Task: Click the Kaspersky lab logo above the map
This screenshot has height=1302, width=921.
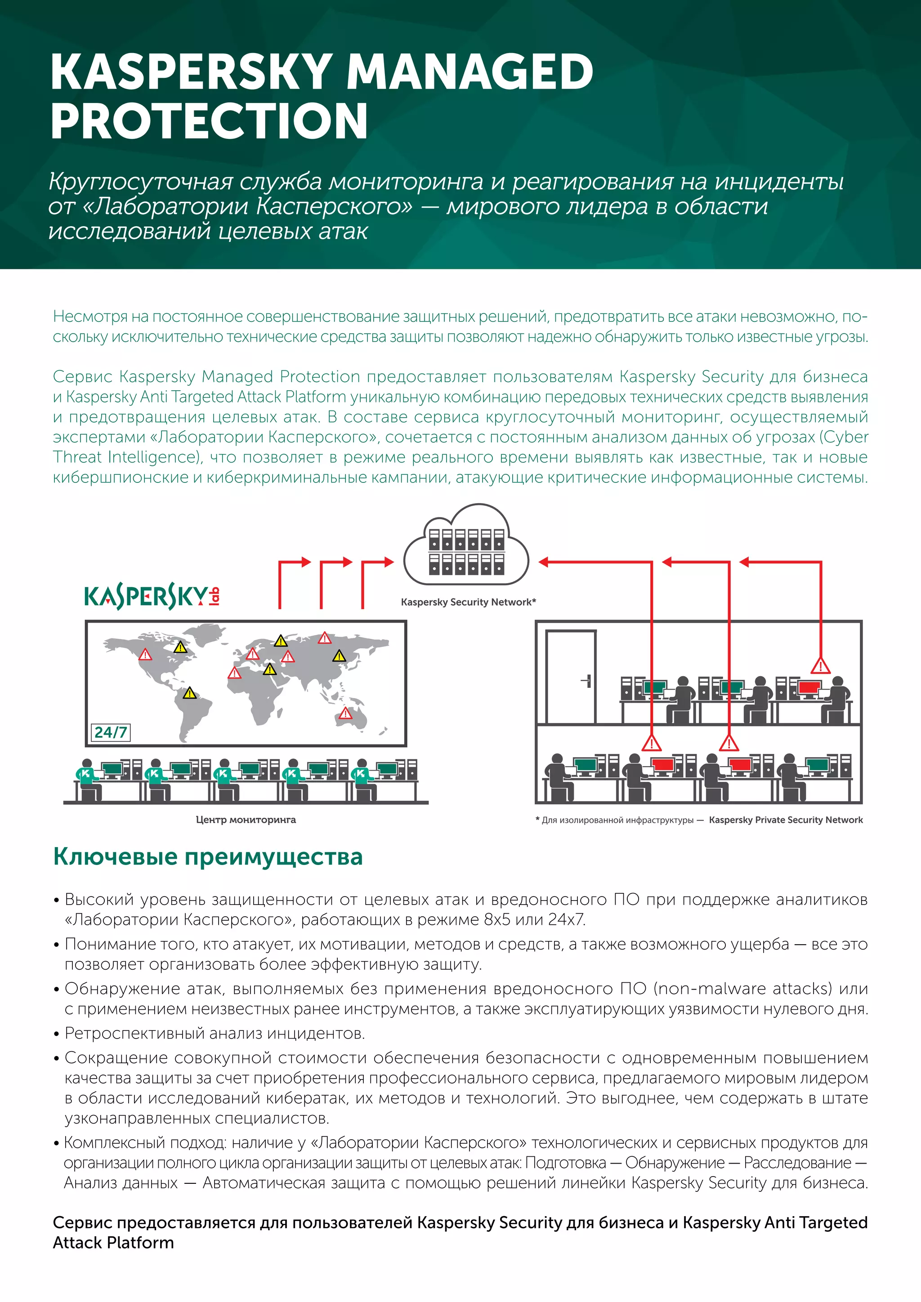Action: [x=152, y=597]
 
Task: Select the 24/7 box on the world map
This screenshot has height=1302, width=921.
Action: [x=111, y=732]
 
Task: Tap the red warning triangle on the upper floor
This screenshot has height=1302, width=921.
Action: [x=820, y=666]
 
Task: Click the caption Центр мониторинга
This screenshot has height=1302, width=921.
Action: [x=246, y=820]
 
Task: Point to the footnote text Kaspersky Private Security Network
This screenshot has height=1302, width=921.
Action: [x=786, y=820]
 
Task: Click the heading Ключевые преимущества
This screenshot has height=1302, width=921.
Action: [x=208, y=857]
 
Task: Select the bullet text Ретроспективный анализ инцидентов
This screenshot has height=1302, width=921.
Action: [x=215, y=1033]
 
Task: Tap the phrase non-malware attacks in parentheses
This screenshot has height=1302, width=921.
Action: [x=743, y=988]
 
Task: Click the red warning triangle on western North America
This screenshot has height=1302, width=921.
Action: [x=145, y=655]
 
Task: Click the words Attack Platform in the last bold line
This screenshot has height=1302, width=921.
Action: [x=113, y=1243]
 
